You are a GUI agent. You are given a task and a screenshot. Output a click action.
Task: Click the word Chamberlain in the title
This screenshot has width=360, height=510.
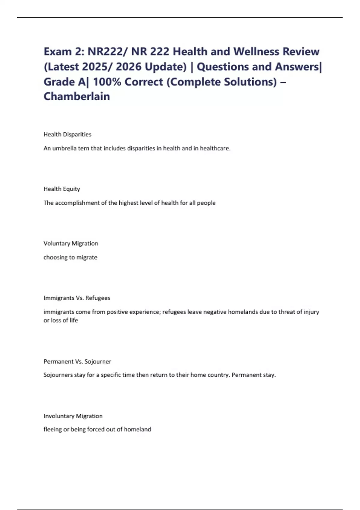tap(77, 96)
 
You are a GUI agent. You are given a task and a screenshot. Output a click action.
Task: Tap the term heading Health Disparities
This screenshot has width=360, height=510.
tap(67, 134)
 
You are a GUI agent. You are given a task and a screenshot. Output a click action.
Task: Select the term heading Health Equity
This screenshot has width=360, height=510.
tap(62, 189)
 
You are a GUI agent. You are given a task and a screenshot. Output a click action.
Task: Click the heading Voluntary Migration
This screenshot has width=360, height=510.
tap(71, 243)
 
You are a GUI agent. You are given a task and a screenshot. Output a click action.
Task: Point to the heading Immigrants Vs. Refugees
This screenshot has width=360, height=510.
tap(77, 298)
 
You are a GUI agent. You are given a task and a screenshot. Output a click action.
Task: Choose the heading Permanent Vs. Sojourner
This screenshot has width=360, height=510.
tap(77, 361)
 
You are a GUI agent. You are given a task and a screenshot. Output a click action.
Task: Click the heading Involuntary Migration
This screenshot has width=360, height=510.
tap(73, 416)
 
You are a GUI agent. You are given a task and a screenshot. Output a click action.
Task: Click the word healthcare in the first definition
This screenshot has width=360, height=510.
tap(215, 148)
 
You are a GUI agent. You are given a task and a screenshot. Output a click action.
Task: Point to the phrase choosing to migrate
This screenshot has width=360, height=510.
tap(70, 257)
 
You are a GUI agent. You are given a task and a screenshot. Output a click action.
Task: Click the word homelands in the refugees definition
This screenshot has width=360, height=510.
tap(243, 312)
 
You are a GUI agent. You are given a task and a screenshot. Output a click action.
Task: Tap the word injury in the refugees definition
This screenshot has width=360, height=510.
tap(311, 312)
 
